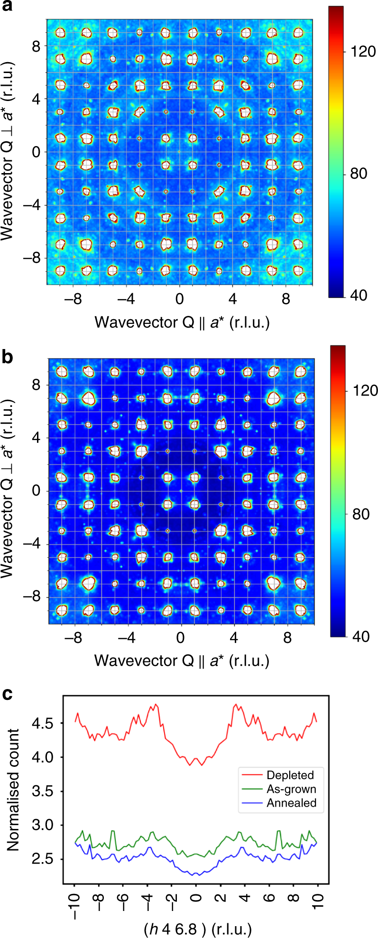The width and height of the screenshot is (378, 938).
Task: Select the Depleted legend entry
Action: tap(290, 775)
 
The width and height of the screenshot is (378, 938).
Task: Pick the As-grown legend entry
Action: tap(291, 789)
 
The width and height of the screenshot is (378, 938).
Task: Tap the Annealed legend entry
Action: tap(291, 803)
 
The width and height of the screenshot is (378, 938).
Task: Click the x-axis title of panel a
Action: tap(182, 322)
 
